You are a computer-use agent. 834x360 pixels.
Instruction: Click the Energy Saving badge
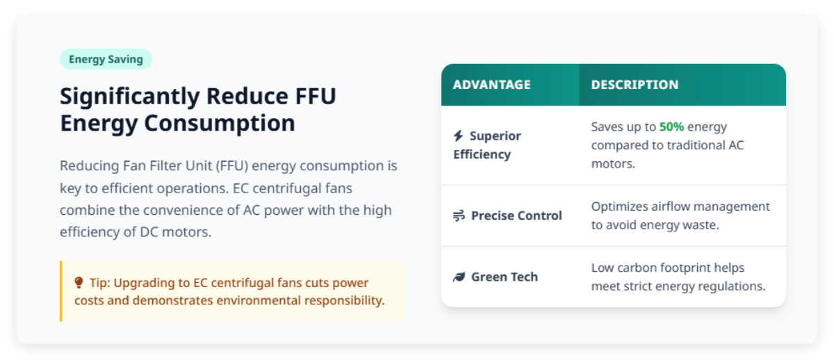106,59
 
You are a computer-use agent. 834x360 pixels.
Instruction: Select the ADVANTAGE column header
491,85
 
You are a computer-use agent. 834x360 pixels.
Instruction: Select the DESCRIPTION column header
635,85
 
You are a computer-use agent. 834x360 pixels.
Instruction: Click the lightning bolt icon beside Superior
458,136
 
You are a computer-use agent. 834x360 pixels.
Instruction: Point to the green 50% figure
671,126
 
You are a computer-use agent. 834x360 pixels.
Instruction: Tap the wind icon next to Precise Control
459,215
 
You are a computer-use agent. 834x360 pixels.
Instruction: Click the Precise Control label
516,215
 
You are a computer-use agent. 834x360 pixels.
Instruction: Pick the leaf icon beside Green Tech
459,277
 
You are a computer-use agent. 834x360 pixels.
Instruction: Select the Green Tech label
505,277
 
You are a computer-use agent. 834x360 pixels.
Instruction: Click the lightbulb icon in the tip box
79,283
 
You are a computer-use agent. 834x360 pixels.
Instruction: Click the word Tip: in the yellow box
99,283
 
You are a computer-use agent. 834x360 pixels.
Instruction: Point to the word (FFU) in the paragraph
233,166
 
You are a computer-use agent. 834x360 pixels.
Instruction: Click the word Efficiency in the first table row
482,154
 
